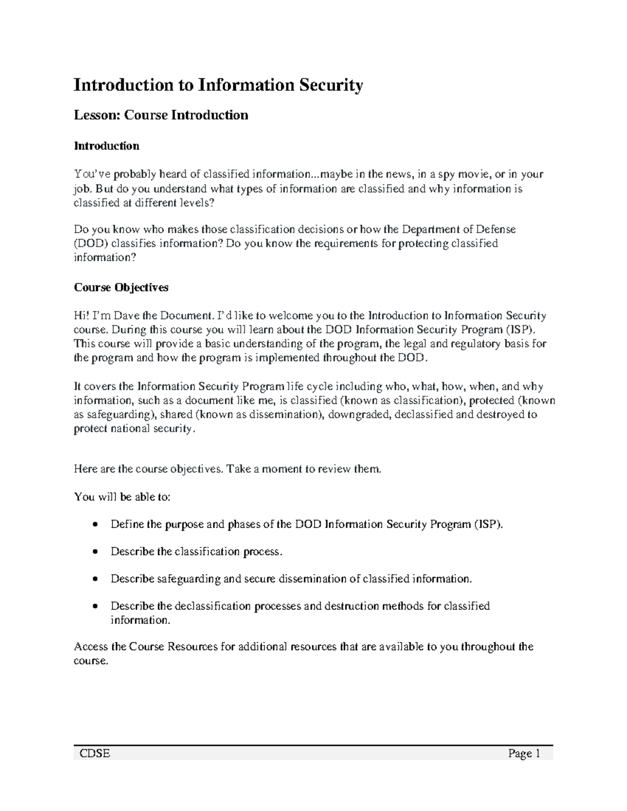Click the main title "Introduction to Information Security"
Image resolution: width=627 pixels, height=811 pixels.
pos(218,85)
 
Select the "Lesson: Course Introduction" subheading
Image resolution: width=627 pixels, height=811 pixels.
pos(161,115)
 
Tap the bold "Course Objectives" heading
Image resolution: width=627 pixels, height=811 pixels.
pos(121,287)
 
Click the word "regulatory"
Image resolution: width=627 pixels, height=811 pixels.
pos(475,344)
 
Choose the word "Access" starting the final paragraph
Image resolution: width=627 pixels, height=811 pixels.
pos(91,647)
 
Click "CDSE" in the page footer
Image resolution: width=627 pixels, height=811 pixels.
pos(95,754)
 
